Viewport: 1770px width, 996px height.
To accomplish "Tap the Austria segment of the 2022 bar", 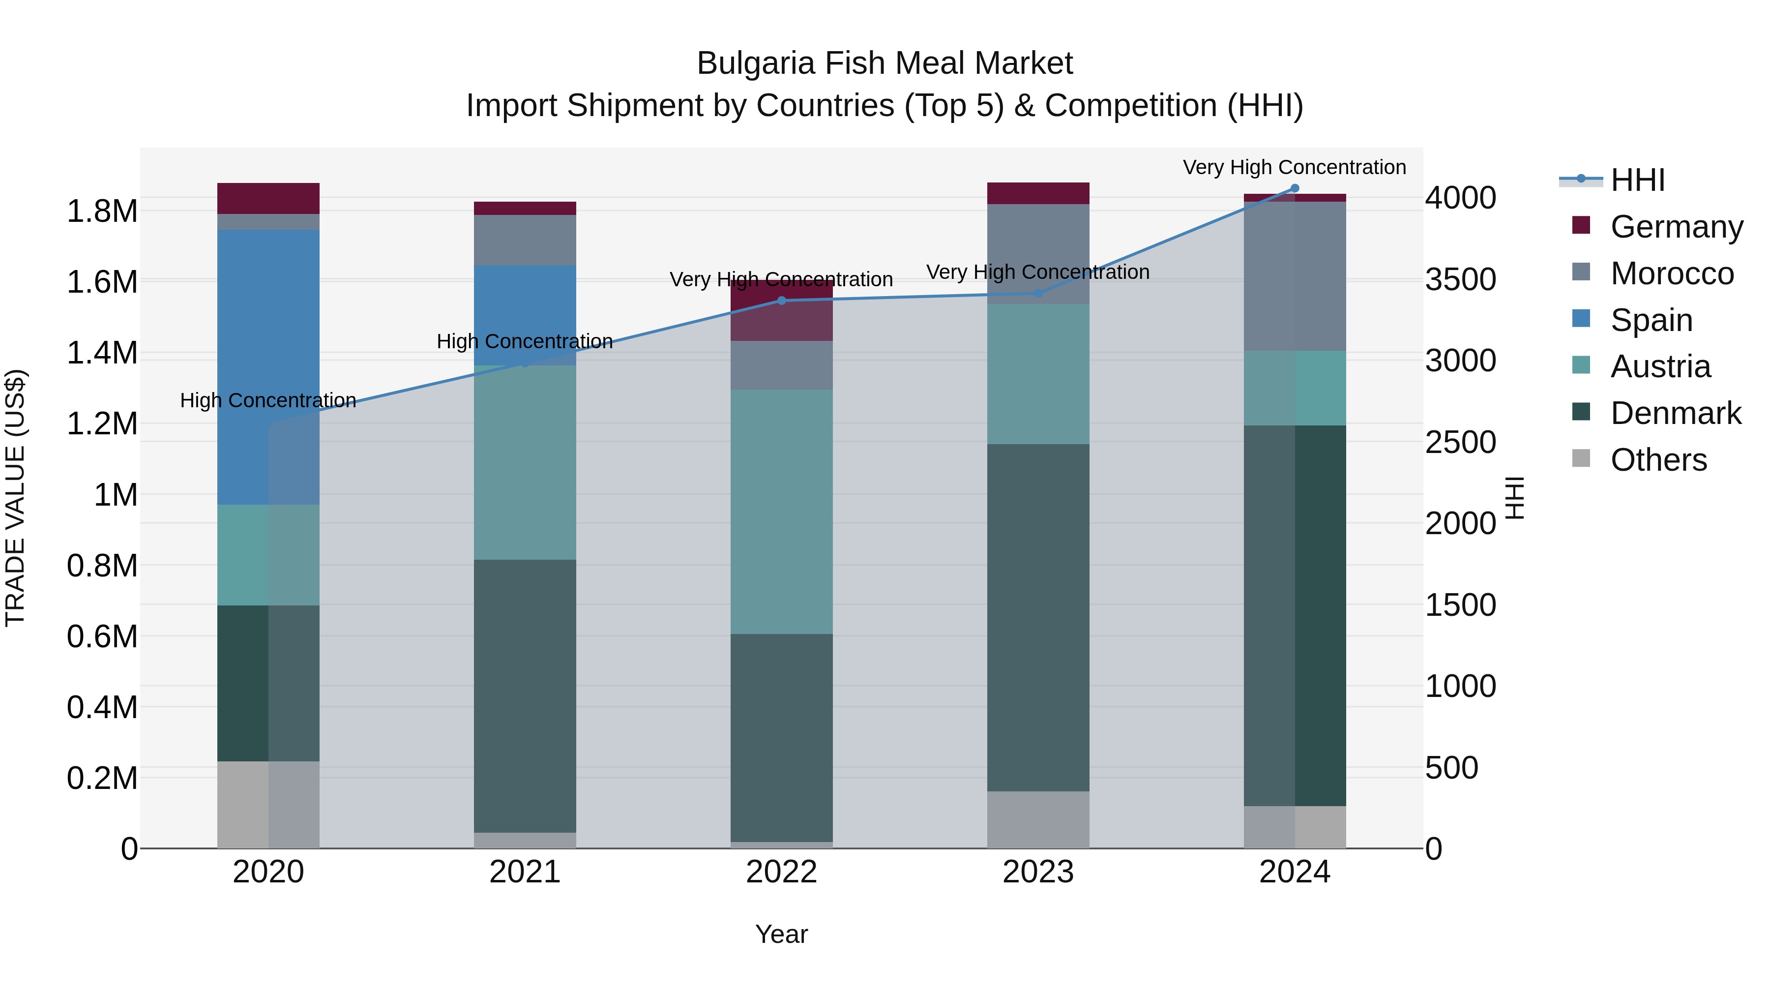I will click(x=781, y=512).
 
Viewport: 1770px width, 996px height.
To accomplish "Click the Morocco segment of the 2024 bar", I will click(x=1295, y=276).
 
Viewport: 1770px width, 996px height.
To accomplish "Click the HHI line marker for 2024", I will click(x=1295, y=188).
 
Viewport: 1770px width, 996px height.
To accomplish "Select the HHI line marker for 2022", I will click(x=781, y=301).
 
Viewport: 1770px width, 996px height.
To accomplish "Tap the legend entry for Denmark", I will click(x=1675, y=413).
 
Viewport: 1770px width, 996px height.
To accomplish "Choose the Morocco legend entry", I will click(x=1671, y=273).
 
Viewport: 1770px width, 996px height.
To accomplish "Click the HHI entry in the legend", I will click(x=1637, y=180).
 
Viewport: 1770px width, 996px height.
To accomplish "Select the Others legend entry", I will click(x=1658, y=460).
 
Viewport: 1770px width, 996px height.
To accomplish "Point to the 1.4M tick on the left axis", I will click(x=102, y=353).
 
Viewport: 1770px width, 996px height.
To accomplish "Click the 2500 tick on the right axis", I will click(x=1461, y=442).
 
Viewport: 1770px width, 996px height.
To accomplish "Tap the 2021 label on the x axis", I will click(x=525, y=872).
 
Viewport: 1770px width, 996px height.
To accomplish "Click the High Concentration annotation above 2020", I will click(x=268, y=400).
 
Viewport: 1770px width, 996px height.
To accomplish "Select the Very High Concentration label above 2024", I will click(x=1295, y=167).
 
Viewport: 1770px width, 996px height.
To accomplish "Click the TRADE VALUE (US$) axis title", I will click(x=15, y=498).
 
